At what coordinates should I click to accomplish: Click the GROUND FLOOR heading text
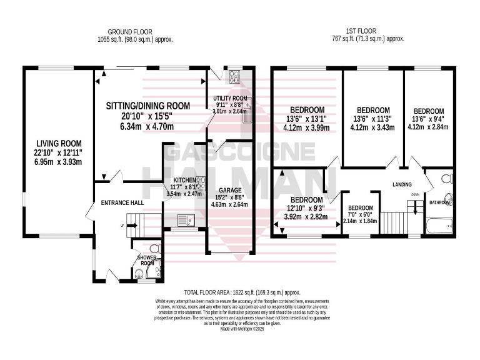coord(130,31)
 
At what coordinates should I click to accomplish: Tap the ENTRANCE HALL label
coord(122,203)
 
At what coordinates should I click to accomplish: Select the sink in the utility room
coord(247,114)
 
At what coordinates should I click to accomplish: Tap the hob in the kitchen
coord(201,186)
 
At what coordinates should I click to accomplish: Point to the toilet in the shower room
coord(154,249)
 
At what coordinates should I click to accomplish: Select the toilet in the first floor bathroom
coord(445,179)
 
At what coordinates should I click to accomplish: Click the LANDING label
coord(402,185)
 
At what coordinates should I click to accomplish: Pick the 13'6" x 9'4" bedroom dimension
coord(429,119)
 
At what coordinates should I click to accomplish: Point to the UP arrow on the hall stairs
coord(124,225)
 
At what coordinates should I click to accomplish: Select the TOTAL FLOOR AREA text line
coord(242,292)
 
